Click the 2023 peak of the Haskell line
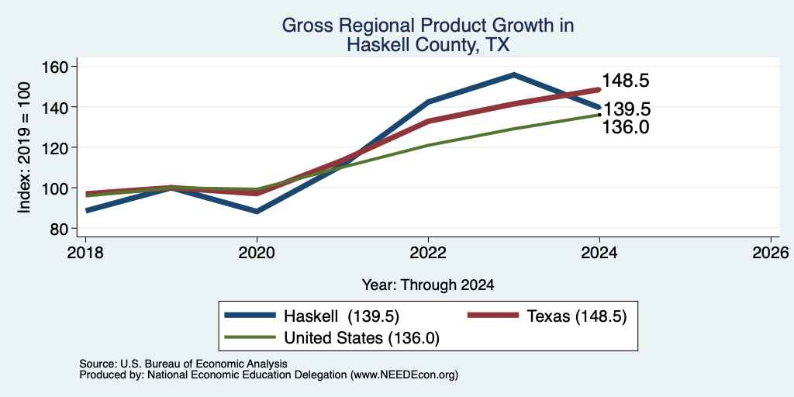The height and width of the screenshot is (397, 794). coord(513,74)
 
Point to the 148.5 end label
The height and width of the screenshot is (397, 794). coord(626,81)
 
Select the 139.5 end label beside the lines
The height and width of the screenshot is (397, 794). coord(627,109)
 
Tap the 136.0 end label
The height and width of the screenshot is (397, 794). coord(626,127)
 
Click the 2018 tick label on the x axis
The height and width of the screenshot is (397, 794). coord(85,252)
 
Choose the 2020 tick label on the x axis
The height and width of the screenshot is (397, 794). coord(257,252)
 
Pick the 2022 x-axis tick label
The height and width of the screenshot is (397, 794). coord(428,252)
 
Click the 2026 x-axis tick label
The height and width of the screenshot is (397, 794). coord(772,252)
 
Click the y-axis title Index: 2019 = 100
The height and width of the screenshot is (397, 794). coord(24,147)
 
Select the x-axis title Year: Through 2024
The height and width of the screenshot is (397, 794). coord(428,285)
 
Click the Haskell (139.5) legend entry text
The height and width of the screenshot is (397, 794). coord(342,316)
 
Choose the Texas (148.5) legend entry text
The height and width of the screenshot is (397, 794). coord(577,316)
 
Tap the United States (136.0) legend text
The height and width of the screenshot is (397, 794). coord(361,338)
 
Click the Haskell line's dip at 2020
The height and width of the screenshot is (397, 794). coord(257,212)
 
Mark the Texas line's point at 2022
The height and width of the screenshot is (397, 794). coord(428,121)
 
